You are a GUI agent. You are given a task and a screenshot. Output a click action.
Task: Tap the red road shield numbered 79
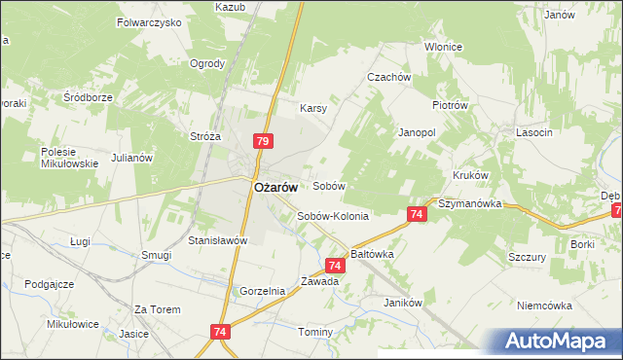tap(262, 141)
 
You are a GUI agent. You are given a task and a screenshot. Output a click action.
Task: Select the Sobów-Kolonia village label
tap(333, 217)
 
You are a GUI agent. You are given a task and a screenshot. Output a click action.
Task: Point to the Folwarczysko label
tap(149, 21)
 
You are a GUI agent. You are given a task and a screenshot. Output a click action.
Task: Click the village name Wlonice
tap(444, 47)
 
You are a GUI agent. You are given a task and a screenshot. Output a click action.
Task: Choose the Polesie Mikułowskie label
tap(70, 158)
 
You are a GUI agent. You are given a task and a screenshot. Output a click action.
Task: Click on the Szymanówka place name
tap(469, 204)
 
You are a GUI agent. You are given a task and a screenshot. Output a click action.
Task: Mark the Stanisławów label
tap(219, 240)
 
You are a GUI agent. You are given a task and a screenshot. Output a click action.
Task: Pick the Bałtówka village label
tap(372, 253)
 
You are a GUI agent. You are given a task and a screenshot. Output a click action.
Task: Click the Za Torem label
tap(158, 309)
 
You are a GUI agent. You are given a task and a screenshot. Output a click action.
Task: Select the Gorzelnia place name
tap(262, 291)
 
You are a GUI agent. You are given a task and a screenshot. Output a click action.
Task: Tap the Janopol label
tap(416, 130)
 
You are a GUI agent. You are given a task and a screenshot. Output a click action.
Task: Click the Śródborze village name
tap(89, 97)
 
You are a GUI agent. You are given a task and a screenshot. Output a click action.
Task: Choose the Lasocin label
tap(534, 131)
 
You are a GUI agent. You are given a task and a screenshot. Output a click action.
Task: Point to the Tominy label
tap(315, 333)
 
